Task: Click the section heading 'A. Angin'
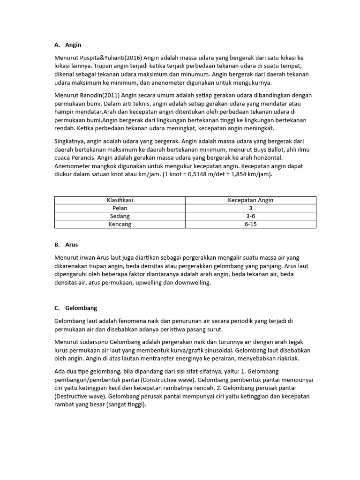point(67,45)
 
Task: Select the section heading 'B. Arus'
point(66,245)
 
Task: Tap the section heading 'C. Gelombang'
point(75,308)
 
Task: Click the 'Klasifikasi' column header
point(120,200)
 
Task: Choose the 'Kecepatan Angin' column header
point(250,200)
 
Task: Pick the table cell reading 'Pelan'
point(120,208)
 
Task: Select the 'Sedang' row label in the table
point(120,216)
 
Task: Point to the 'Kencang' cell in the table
point(120,224)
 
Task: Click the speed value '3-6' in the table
point(250,216)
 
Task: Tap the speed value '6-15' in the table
point(250,224)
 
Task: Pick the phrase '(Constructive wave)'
point(168,379)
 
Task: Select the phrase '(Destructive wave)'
point(81,396)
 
